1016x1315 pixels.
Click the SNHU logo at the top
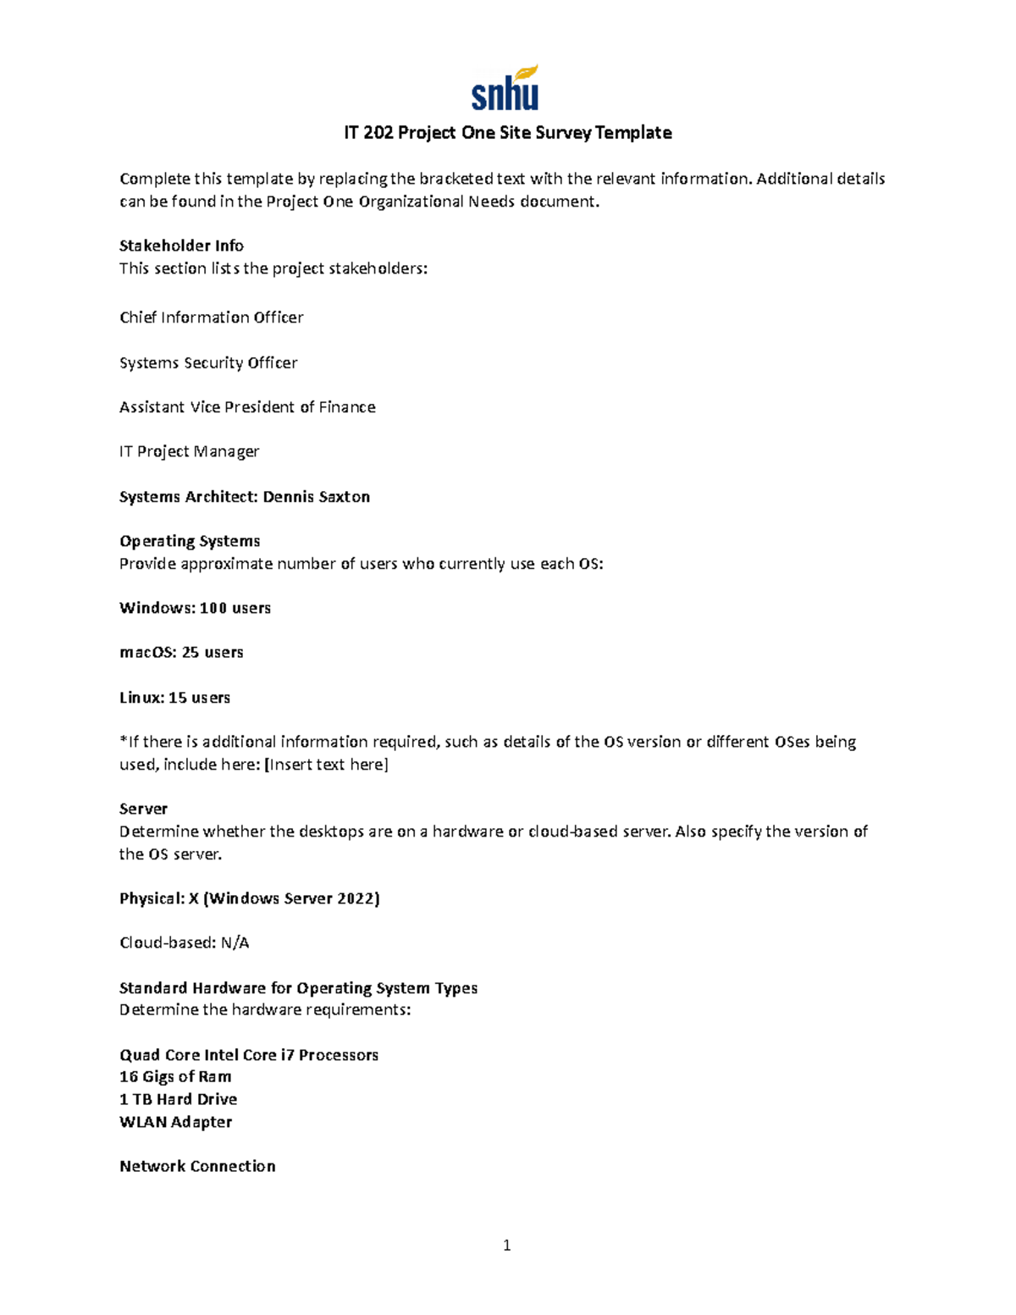pos(505,88)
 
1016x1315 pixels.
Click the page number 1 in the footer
pos(506,1245)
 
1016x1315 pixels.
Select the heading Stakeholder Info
pos(181,246)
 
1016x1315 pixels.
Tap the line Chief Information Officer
pos(211,318)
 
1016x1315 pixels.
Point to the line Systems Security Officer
pos(208,362)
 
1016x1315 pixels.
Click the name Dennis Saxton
pos(316,497)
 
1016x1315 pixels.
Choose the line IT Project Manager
pos(189,451)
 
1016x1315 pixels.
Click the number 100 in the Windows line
pos(213,608)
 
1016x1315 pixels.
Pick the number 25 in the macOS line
pos(190,653)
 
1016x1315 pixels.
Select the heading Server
pos(143,809)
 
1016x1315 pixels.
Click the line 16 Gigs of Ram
pos(175,1077)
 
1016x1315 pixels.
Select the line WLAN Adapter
pos(175,1122)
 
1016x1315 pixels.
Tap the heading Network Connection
pos(197,1166)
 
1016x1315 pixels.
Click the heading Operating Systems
pos(190,541)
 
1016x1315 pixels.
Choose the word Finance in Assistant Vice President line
pos(347,407)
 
